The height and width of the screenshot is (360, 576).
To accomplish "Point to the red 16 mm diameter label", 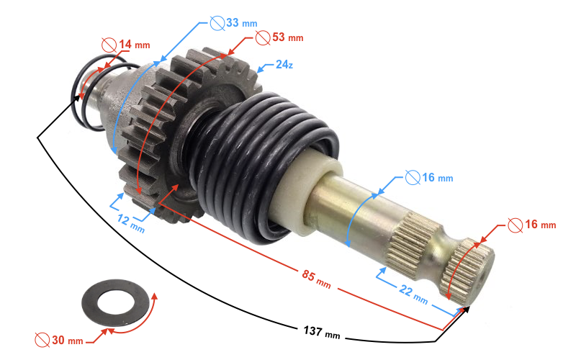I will tap(540, 225).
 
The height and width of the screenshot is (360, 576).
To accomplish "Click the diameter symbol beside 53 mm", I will tap(262, 36).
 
